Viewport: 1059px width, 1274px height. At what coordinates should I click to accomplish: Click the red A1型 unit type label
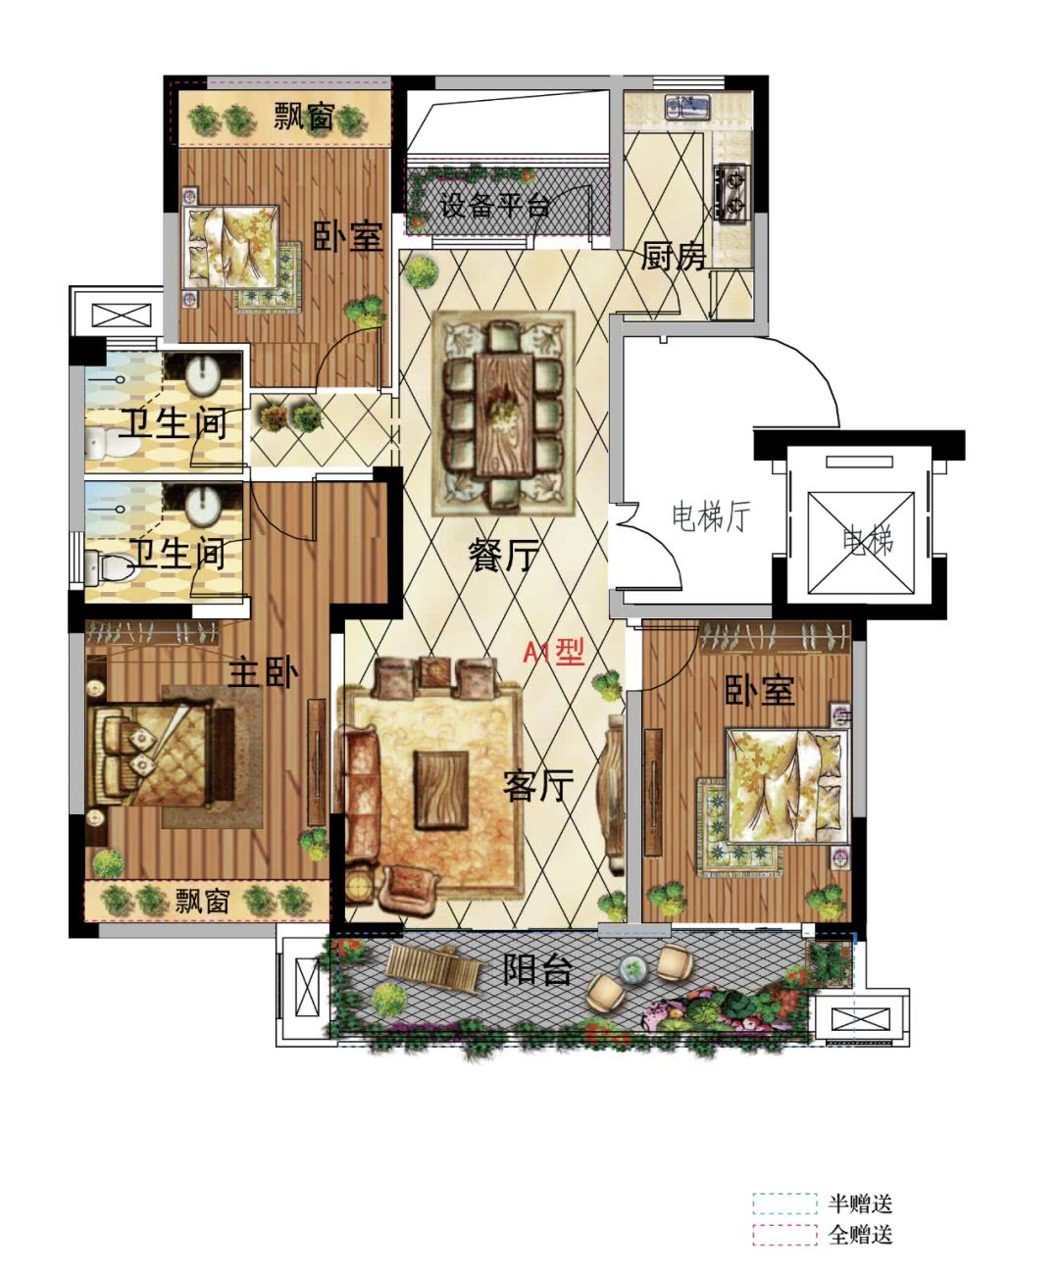pos(553,652)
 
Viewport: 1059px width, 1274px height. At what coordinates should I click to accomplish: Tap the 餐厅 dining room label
pos(504,556)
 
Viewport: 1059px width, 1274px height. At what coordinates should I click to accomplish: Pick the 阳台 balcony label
pos(537,968)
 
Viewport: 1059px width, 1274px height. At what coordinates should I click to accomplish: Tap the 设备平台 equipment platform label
pos(494,205)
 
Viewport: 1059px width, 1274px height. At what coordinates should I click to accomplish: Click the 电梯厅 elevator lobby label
pos(711,516)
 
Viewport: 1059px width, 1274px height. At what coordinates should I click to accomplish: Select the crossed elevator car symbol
pos(861,542)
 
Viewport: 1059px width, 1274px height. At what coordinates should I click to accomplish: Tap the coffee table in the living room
pos(441,790)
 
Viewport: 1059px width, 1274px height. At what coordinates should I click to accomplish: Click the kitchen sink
pos(688,107)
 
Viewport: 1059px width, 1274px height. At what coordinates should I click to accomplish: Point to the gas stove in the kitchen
pos(731,191)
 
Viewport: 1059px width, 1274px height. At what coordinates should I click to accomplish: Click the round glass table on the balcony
pos(634,968)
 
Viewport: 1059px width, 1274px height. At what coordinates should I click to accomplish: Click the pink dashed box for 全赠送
pos(784,1234)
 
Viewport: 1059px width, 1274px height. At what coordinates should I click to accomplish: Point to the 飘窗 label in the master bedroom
pos(203,901)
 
